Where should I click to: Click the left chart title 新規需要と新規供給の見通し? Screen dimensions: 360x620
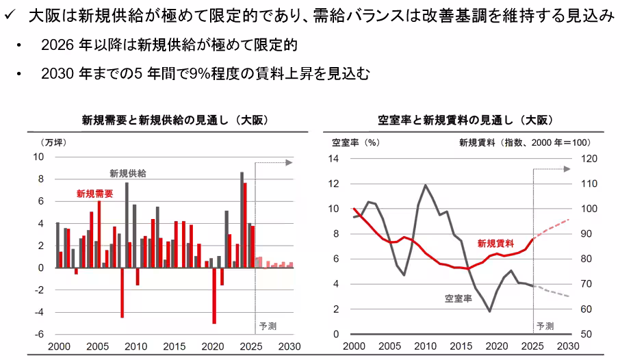[x=174, y=120]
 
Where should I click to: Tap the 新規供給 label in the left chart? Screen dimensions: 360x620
[x=128, y=173]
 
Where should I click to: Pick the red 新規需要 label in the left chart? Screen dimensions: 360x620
[x=94, y=194]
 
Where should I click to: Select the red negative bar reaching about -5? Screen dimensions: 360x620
[x=214, y=295]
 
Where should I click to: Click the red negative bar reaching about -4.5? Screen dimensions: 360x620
[x=122, y=292]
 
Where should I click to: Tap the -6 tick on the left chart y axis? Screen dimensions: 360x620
[x=40, y=334]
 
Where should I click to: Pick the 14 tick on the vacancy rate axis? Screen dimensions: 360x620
[x=335, y=159]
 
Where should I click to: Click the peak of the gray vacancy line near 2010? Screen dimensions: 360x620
[x=426, y=185]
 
